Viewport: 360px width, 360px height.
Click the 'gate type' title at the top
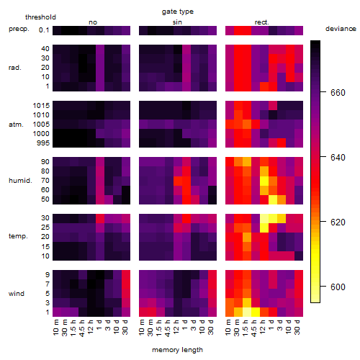point(178,12)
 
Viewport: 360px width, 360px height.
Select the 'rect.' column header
point(261,22)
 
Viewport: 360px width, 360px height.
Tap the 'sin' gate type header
point(177,22)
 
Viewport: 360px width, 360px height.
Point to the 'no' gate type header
point(93,22)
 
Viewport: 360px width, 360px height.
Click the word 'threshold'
point(40,17)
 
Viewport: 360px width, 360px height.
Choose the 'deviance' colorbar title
point(341,29)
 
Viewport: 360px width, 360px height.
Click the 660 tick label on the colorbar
point(338,93)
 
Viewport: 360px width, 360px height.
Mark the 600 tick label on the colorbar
point(338,287)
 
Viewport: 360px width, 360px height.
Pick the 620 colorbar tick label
point(338,222)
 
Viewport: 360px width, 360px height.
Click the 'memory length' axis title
point(177,350)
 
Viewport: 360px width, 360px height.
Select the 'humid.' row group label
point(20,181)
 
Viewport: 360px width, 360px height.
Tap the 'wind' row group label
point(17,294)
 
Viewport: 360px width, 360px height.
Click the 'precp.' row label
point(19,29)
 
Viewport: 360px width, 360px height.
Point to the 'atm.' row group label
point(16,125)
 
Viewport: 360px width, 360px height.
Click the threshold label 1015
point(41,105)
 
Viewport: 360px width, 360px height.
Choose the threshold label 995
point(43,143)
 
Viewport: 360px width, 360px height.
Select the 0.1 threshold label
point(44,30)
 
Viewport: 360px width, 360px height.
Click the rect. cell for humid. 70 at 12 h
point(264,181)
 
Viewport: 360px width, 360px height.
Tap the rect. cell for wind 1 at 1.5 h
point(247,312)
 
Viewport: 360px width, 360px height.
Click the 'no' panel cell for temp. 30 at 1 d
point(100,218)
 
